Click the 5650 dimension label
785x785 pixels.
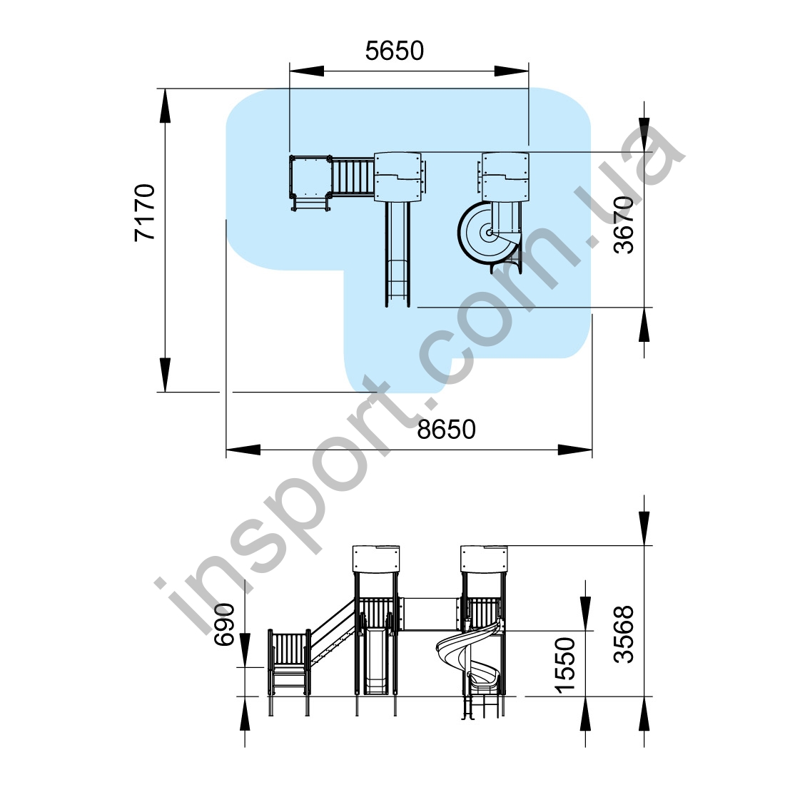click(x=395, y=51)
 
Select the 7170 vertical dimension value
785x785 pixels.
click(x=145, y=213)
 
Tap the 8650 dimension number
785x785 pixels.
click(x=446, y=430)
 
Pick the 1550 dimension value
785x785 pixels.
click(x=565, y=665)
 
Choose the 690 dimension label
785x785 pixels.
click(x=224, y=624)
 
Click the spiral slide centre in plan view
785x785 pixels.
click(x=488, y=233)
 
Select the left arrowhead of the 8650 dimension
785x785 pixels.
click(x=243, y=450)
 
